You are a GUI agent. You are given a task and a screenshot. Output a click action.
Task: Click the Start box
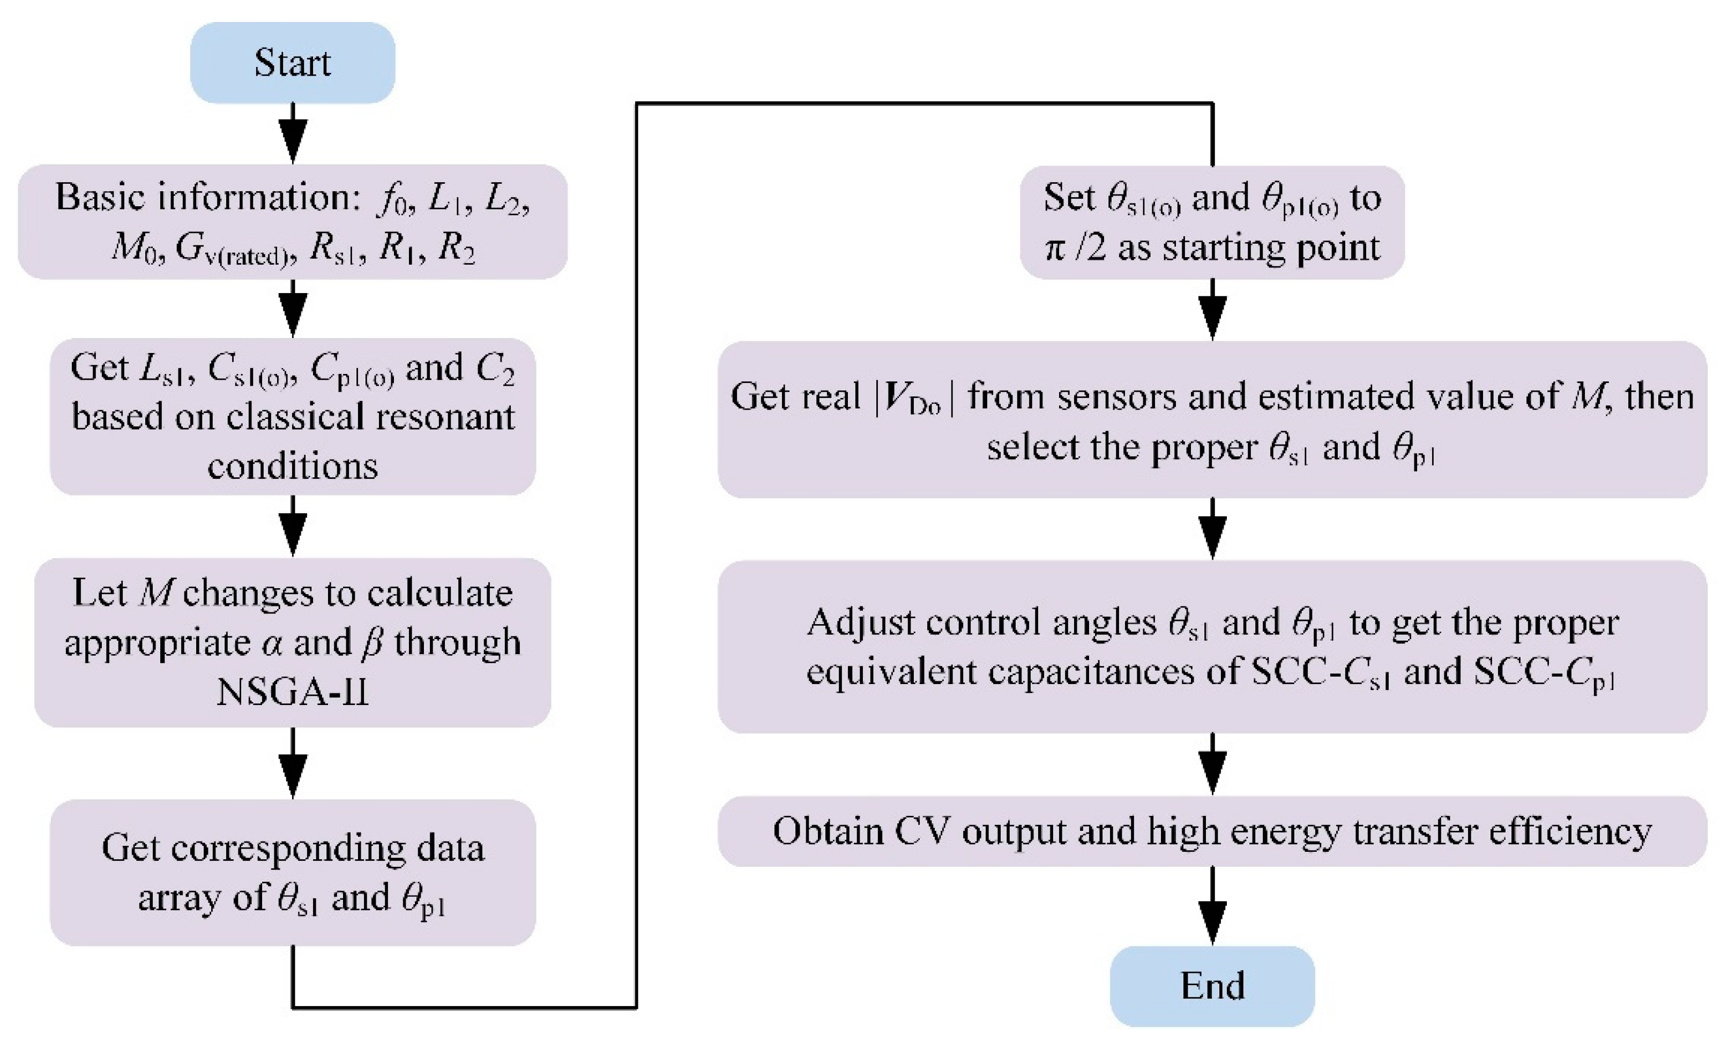tap(293, 63)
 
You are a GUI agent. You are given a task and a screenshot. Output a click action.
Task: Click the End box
tap(1212, 986)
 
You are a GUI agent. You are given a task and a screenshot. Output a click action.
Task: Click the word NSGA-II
tap(293, 693)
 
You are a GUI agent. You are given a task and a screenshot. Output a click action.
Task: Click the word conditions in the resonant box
tap(293, 466)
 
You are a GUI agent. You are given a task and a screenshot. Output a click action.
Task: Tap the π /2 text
tap(1076, 249)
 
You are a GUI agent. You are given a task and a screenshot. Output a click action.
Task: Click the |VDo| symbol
tap(914, 398)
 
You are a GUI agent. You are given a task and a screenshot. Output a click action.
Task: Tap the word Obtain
tap(828, 831)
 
